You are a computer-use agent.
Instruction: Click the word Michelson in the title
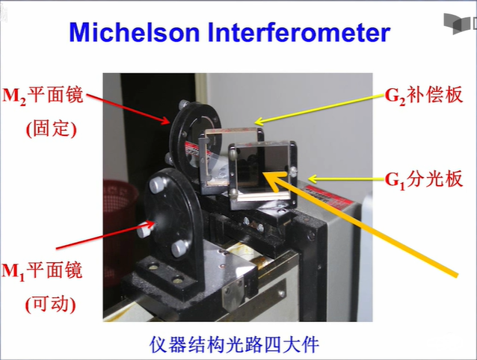tap(135, 32)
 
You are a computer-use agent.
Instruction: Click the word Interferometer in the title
tap(299, 32)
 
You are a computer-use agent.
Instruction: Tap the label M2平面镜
tap(43, 96)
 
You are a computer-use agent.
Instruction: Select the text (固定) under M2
tap(51, 128)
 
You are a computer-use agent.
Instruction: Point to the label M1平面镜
tap(43, 270)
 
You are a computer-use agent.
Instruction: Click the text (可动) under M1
tap(51, 304)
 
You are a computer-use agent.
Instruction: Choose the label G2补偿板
tap(424, 95)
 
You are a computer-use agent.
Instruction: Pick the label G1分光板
tap(424, 179)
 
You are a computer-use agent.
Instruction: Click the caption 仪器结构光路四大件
tap(234, 344)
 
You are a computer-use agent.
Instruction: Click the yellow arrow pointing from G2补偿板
tap(319, 109)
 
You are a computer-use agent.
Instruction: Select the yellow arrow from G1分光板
tap(347, 179)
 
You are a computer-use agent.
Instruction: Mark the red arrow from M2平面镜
tap(128, 109)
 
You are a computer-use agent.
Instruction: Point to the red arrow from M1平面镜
tap(105, 236)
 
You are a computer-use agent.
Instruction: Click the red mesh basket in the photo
tap(120, 231)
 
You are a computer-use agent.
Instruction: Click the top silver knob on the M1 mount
tap(157, 184)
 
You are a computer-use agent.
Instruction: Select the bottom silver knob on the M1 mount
tap(179, 249)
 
